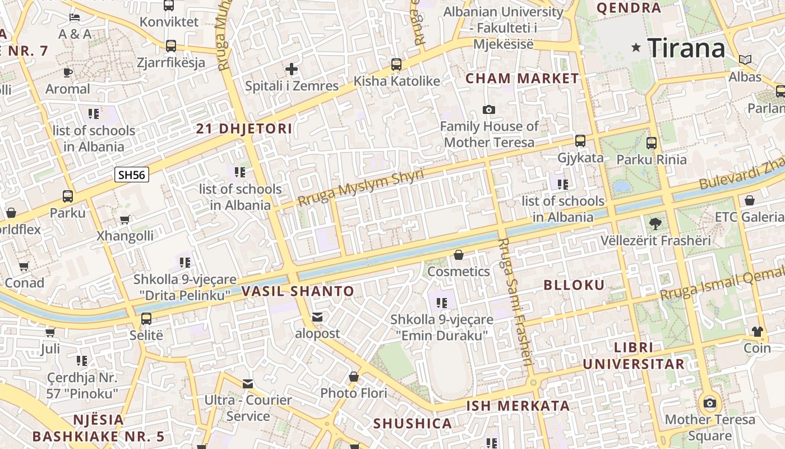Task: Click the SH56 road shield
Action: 132,175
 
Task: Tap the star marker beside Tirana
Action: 636,48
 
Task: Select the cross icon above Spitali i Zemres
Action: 292,69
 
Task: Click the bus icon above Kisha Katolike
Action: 396,65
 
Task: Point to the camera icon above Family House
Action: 489,109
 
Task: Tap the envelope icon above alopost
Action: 318,317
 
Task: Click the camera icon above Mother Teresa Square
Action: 709,402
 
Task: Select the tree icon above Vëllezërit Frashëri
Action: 654,224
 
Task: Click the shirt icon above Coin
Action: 758,331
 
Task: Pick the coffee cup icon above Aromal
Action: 67,72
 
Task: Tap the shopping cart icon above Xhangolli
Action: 124,219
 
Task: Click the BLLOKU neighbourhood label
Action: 574,285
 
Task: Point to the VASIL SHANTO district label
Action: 298,291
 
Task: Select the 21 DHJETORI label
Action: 244,129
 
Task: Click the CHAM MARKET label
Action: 522,78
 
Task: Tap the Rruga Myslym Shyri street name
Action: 360,187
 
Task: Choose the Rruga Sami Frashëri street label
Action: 514,302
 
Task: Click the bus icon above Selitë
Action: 146,319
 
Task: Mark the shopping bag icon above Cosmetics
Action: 459,255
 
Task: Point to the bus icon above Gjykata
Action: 580,141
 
